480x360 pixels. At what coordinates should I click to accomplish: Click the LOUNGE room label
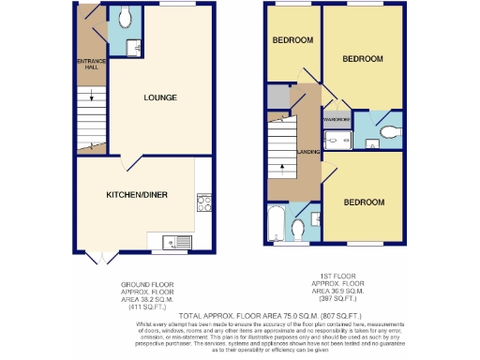159,97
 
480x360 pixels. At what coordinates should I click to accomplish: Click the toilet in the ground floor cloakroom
126,16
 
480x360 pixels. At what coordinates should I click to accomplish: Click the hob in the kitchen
203,202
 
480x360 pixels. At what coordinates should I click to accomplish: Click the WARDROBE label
337,120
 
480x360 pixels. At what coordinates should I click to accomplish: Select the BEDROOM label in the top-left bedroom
292,41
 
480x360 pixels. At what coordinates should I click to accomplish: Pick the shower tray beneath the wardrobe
336,140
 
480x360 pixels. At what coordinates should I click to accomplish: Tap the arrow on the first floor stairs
281,170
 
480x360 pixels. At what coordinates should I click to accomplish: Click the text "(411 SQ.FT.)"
142,307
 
